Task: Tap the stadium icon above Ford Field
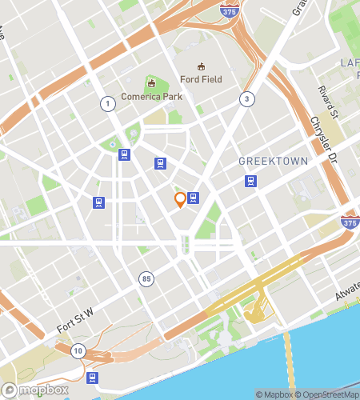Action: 202,66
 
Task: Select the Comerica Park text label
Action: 152,97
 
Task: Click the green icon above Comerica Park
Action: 150,82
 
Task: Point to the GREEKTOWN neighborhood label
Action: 274,162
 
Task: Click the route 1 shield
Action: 106,103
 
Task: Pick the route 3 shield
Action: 247,98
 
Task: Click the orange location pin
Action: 180,199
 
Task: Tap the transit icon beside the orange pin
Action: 193,198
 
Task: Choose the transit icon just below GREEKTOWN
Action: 250,180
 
